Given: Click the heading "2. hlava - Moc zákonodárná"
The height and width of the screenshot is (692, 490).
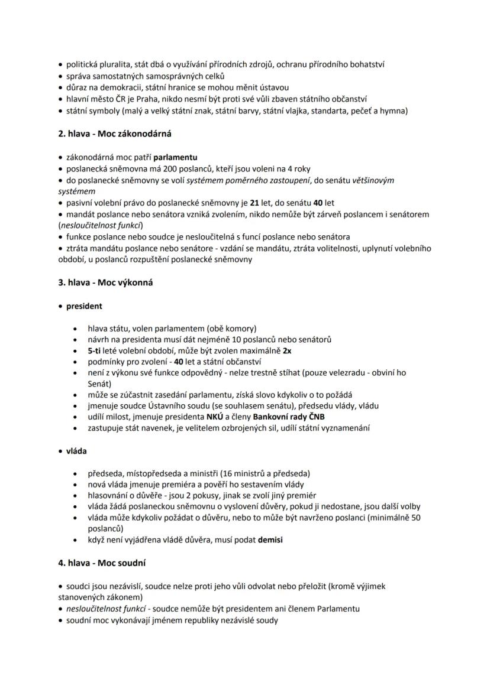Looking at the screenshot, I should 115,134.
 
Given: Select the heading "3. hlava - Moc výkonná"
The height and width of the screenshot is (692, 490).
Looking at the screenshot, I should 105,282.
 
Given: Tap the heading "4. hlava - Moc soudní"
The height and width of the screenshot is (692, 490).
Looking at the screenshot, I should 102,563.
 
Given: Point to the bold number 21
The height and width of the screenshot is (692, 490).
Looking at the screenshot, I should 256,203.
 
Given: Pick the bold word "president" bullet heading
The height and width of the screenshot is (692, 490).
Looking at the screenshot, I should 84,306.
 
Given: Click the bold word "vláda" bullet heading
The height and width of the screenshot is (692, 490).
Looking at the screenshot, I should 76,451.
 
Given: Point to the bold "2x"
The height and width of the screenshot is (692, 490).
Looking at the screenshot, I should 286,350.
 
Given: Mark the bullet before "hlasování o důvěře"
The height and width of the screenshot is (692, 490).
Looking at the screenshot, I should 75,495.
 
